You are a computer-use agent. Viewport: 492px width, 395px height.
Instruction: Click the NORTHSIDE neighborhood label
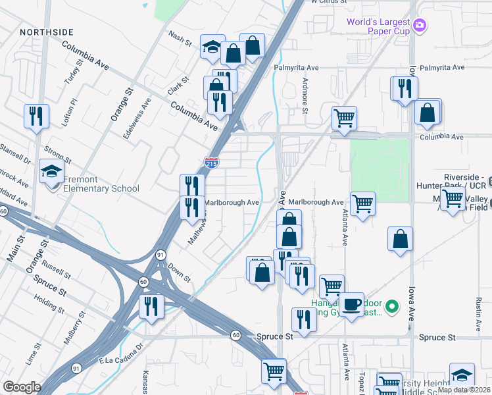(47, 32)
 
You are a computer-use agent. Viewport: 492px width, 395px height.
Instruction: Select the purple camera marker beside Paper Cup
(420, 26)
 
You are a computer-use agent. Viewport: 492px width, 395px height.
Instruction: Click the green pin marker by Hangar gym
(392, 306)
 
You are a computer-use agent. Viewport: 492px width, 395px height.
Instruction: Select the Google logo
(22, 387)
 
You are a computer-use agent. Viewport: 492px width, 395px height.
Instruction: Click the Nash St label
(179, 39)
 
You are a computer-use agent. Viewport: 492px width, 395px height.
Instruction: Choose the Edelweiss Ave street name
(137, 118)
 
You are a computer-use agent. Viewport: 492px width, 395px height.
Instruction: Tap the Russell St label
(55, 268)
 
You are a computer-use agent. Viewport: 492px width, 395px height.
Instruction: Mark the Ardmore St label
(305, 95)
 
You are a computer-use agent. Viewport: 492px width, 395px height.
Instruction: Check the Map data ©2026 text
(464, 390)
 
